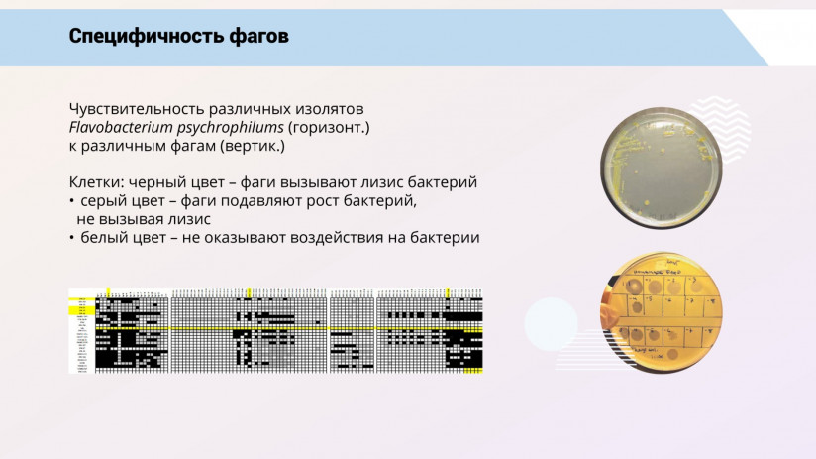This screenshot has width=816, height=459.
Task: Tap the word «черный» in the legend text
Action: pyautogui.click(x=157, y=182)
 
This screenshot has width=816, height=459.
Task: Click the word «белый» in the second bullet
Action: pyautogui.click(x=103, y=238)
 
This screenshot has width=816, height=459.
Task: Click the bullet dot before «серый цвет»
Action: pyautogui.click(x=71, y=201)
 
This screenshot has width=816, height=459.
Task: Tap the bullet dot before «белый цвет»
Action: pyautogui.click(x=71, y=238)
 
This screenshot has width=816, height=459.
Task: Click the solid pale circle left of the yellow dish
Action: pyautogui.click(x=551, y=323)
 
